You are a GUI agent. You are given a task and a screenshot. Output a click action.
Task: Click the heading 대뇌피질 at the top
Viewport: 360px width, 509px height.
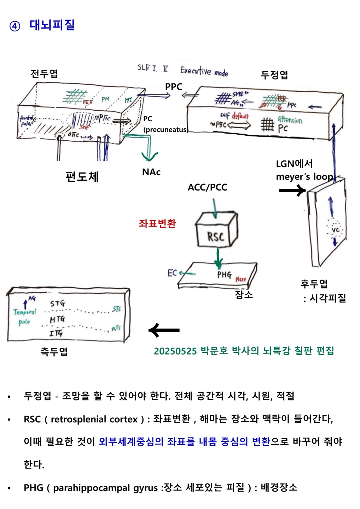(x=52, y=25)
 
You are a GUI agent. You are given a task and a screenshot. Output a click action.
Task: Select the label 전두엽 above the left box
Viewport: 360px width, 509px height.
(x=44, y=74)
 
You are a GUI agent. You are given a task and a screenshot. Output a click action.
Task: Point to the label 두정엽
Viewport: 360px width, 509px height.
(x=274, y=75)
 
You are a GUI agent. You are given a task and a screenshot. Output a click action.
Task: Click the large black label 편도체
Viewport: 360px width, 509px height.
(x=82, y=176)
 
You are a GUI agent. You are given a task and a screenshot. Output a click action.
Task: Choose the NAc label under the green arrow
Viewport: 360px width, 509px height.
(x=151, y=172)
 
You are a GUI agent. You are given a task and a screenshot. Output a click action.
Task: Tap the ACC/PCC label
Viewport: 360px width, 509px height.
(x=207, y=187)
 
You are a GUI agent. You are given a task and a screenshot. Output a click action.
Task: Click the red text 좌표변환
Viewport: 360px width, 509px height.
(x=157, y=223)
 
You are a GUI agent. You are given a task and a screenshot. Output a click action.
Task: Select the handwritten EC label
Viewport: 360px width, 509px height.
(x=172, y=273)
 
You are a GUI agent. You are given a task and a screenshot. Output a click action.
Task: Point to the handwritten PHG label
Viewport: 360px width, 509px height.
(x=224, y=274)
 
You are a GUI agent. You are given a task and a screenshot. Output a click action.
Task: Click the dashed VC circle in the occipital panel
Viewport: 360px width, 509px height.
(x=335, y=230)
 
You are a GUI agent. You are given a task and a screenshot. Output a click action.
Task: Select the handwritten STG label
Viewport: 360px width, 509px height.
(x=58, y=303)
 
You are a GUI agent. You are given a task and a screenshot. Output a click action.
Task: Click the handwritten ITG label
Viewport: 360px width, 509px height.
(x=56, y=333)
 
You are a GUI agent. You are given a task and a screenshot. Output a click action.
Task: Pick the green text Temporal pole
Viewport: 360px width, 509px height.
(x=24, y=317)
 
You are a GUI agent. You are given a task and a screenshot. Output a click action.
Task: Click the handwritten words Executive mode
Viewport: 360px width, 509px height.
(x=204, y=71)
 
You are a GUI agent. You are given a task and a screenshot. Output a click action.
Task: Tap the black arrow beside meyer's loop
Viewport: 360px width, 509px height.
(x=292, y=191)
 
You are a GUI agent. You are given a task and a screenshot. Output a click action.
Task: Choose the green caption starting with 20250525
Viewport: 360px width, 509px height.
(x=244, y=351)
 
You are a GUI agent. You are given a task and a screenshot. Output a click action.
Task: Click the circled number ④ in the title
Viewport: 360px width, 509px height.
(x=14, y=26)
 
